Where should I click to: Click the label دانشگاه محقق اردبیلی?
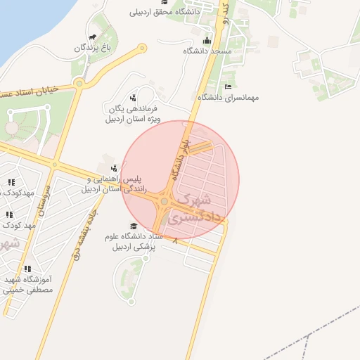tap(165, 12)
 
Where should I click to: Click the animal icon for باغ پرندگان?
tap(92, 37)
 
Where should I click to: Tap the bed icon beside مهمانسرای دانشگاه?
tap(226, 86)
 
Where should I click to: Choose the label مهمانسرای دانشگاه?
tap(228, 97)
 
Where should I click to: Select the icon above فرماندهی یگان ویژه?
tap(133, 97)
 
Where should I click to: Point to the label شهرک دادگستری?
tap(200, 209)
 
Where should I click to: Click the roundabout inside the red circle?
tap(163, 202)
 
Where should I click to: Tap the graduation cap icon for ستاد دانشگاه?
tap(134, 226)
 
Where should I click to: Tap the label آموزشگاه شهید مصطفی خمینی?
tap(28, 285)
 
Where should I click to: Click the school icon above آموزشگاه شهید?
tap(27, 269)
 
